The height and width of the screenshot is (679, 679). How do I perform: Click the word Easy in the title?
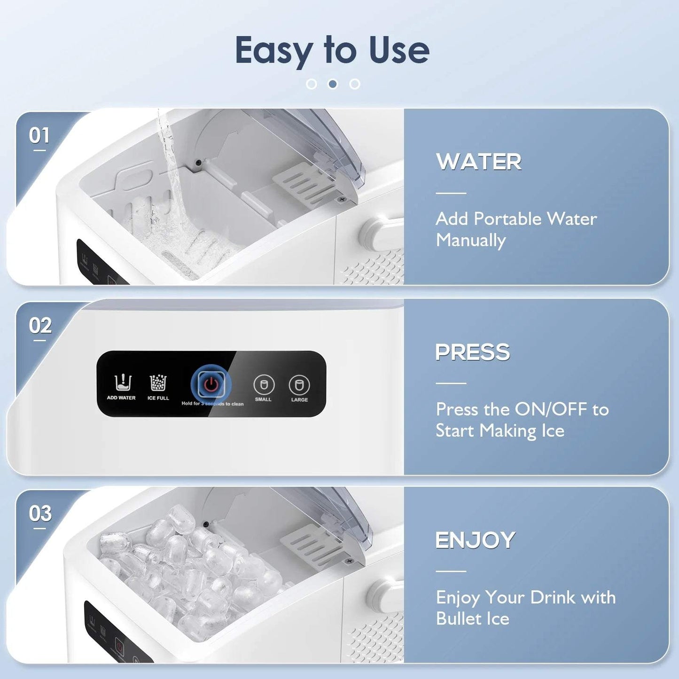274,51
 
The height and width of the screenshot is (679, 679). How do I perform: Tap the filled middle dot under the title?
333,84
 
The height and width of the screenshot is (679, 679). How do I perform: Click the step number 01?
39,136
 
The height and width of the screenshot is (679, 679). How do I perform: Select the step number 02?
40,326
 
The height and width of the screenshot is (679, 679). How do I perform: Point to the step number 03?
40,514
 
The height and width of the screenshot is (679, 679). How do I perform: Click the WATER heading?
478,162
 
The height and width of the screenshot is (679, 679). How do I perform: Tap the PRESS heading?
472,352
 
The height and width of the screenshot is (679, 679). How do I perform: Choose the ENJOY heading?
475,540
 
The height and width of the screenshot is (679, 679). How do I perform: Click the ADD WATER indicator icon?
122,383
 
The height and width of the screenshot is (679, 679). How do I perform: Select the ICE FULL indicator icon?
158,383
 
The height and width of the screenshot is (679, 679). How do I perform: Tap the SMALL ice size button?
264,385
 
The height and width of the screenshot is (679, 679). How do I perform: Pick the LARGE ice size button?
299,385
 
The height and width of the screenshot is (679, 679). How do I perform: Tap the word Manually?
471,241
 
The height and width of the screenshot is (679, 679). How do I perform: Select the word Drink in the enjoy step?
553,598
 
